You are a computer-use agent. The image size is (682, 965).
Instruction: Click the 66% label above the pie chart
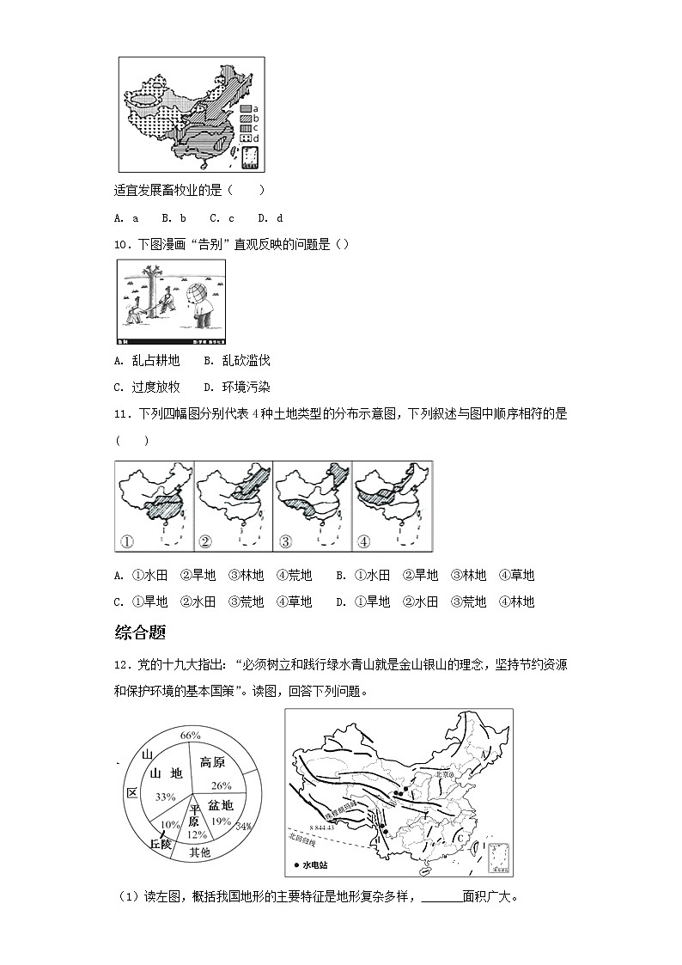tap(190, 735)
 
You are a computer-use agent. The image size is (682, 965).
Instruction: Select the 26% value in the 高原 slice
tap(222, 785)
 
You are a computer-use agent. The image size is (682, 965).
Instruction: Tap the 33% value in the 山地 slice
tap(165, 797)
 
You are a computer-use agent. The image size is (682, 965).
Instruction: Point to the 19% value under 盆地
tap(222, 821)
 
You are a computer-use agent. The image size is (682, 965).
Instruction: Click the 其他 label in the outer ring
tap(199, 852)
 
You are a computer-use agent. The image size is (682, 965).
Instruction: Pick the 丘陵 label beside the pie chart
tap(161, 845)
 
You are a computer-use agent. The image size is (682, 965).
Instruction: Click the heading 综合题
tap(139, 632)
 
